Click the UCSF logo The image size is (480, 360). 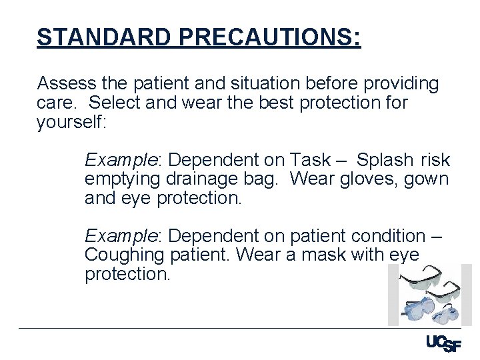(443, 343)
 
